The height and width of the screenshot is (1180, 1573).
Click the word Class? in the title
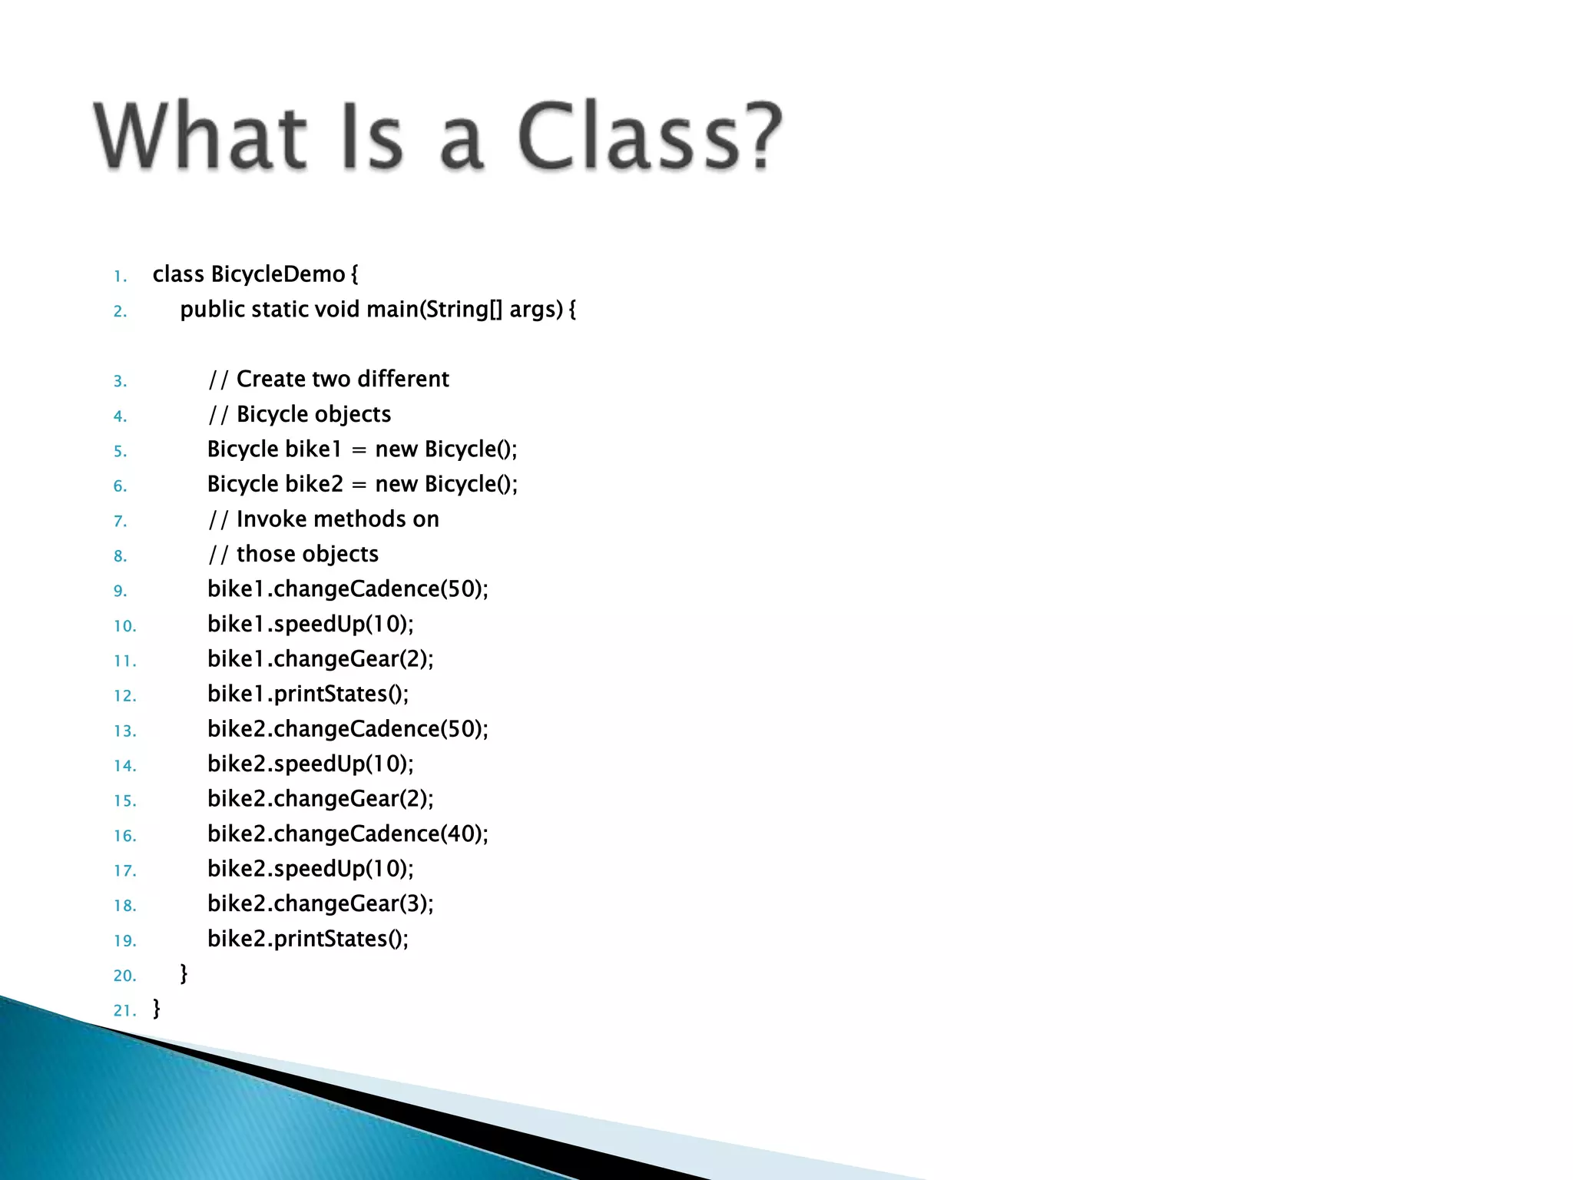(x=650, y=137)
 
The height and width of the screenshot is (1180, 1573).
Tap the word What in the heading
(x=201, y=137)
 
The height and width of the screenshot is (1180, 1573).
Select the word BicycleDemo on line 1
(x=278, y=274)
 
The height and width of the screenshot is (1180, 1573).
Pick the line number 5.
(x=120, y=451)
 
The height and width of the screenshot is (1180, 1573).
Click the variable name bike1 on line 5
(x=313, y=449)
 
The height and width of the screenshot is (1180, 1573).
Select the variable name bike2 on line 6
(x=313, y=484)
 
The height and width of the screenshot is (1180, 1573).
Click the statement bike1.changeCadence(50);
(x=347, y=589)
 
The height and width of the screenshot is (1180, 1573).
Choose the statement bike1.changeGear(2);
(x=320, y=659)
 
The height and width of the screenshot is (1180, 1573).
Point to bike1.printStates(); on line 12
(x=308, y=694)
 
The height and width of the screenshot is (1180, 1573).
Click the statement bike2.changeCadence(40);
(x=347, y=834)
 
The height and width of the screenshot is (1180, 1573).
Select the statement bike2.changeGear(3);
(x=320, y=904)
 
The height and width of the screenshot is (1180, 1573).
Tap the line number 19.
(x=124, y=941)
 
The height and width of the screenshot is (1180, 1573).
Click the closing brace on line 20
(x=184, y=974)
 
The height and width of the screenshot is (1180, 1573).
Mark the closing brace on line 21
(x=157, y=1009)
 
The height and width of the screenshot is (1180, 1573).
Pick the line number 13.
(x=124, y=731)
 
